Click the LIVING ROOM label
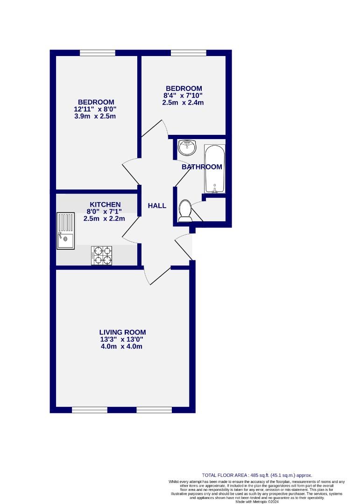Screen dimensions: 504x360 [122, 332]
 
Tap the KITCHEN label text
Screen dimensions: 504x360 [105, 204]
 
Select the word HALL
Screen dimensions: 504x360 [157, 206]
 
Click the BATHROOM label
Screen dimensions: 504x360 [202, 167]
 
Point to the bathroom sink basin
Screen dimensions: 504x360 [188, 147]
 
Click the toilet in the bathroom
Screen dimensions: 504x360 [184, 210]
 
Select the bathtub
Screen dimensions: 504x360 [214, 169]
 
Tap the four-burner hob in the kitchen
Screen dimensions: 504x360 [102, 255]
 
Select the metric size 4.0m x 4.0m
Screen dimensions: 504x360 [122, 347]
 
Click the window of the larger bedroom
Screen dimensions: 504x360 [98, 53]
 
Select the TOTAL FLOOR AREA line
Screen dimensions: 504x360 [257, 475]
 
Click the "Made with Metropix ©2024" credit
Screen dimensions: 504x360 [257, 502]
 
